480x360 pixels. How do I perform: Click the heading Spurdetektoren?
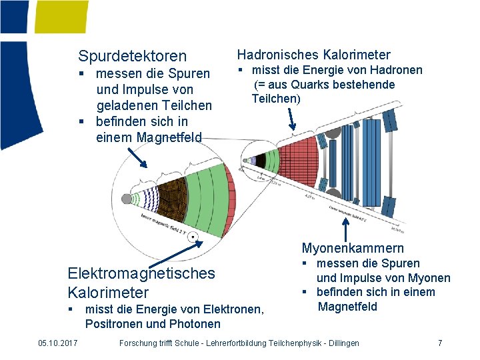coord(133,56)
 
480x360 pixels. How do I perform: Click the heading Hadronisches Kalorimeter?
coord(313,55)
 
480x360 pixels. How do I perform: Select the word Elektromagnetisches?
coord(141,273)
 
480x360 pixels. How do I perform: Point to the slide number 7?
coord(440,343)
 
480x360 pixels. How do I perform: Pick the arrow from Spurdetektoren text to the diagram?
coord(137,159)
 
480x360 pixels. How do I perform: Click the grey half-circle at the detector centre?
coord(127,198)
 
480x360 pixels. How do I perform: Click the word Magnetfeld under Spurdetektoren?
coord(169,137)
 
